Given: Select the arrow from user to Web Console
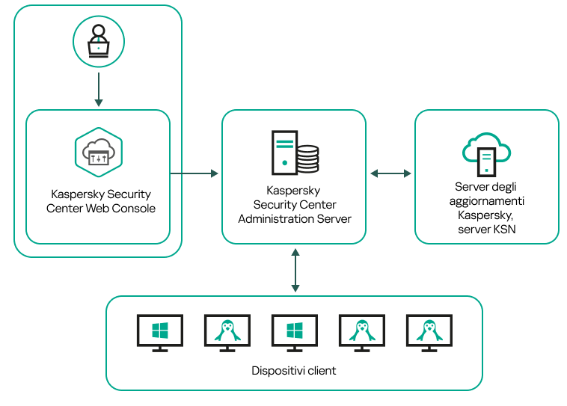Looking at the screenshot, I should pos(98,89).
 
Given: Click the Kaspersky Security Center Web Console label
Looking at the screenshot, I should pos(100,200).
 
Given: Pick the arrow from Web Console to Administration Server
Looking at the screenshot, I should pos(194,173).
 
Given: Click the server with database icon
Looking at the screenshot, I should pos(294,152).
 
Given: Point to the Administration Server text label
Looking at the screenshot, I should pos(295,205).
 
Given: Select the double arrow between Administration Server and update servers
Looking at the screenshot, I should pos(390,173).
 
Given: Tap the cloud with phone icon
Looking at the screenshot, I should pos(486,153).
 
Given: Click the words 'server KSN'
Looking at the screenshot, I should pos(486,230).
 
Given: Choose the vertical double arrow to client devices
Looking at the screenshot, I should pos(295,271).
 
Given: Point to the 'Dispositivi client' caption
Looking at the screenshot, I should pos(294,371).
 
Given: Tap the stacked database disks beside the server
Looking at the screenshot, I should pos(307,159).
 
